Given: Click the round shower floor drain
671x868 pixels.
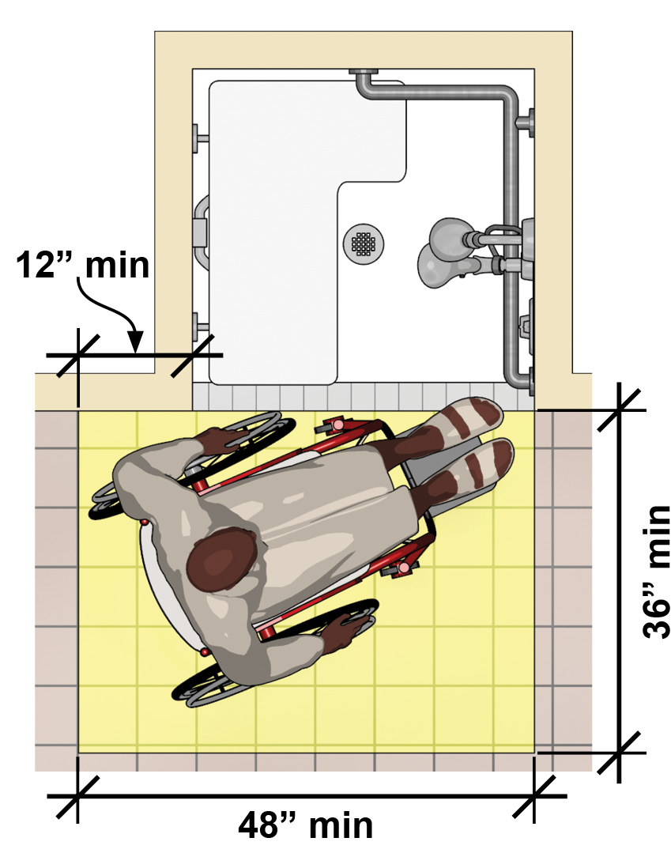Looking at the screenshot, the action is [364, 243].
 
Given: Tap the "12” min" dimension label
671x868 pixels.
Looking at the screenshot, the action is [83, 265].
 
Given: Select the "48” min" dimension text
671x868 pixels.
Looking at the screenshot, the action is [306, 825].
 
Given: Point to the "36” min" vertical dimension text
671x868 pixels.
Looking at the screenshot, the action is [657, 572].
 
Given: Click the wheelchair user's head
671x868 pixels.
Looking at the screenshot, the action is [223, 560].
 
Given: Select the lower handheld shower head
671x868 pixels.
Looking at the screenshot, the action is [443, 267].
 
